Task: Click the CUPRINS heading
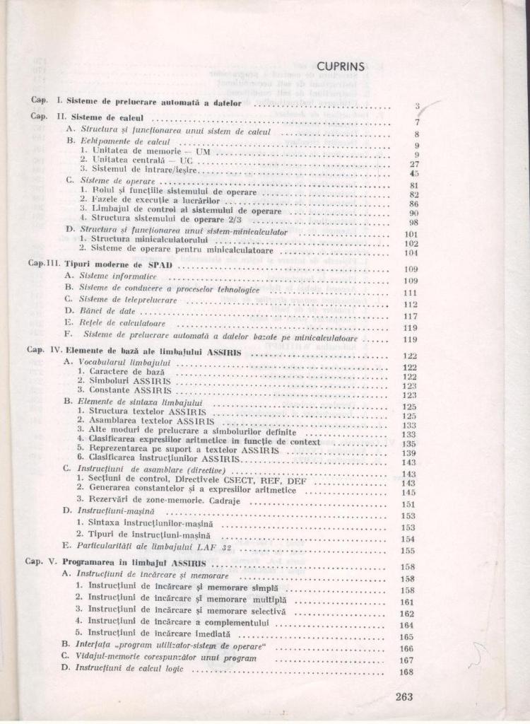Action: point(341,66)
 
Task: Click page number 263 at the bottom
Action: point(404,696)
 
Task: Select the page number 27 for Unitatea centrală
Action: point(415,163)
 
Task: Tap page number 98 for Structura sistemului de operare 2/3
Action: point(415,221)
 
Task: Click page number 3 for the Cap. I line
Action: point(418,107)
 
